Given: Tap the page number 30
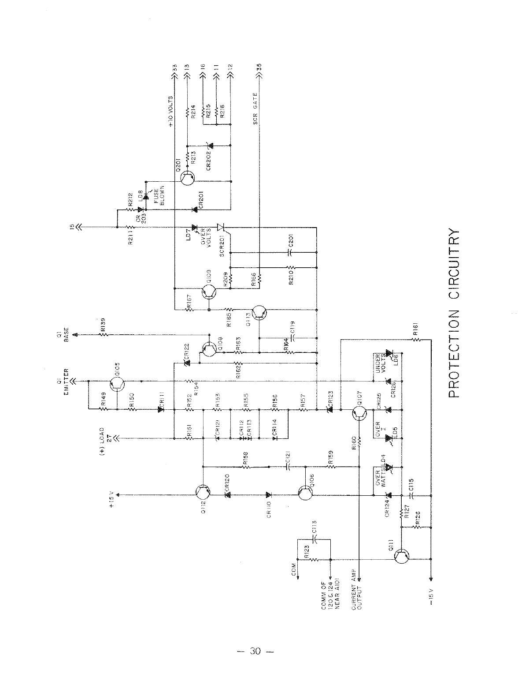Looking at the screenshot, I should [255, 651].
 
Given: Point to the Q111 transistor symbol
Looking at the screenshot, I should [402, 557].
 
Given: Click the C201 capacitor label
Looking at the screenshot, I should [291, 241].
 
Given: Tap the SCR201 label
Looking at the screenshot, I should [222, 245].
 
